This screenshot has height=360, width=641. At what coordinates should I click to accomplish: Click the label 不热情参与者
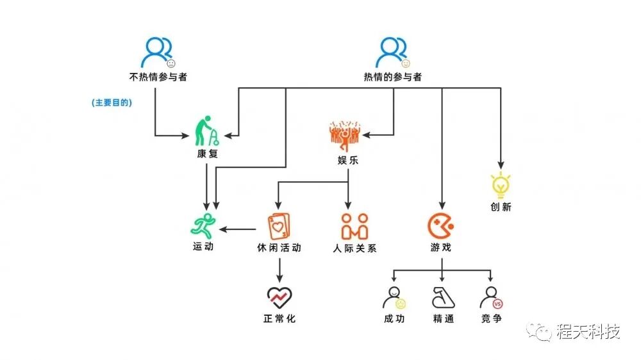click(x=158, y=78)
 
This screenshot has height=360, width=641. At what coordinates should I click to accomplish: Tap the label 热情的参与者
click(x=393, y=78)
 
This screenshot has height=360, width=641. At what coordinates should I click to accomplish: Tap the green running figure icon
click(x=204, y=225)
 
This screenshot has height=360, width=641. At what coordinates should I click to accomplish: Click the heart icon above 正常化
click(x=279, y=297)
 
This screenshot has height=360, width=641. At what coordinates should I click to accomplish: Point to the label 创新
click(x=501, y=208)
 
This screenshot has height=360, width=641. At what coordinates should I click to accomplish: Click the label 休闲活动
click(x=279, y=247)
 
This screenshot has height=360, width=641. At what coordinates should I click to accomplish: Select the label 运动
click(x=203, y=247)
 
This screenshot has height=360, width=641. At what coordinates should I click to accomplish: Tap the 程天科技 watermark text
click(x=588, y=332)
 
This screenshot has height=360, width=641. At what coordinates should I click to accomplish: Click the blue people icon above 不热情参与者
click(x=158, y=53)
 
